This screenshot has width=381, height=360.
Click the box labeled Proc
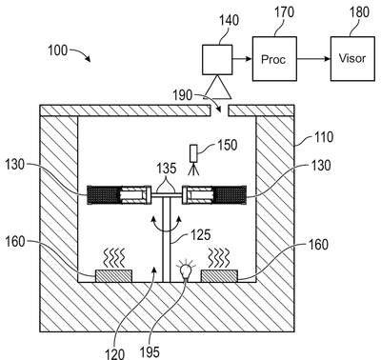tap(274, 59)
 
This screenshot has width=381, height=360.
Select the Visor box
tap(352, 59)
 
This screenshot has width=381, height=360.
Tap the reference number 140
tap(229, 21)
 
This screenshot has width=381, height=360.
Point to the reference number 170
tap(284, 12)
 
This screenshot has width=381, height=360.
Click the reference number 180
tap(359, 12)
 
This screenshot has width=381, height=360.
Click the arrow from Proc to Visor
tap(313, 59)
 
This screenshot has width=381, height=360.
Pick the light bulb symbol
tap(186, 270)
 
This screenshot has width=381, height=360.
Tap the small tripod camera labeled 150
tap(193, 160)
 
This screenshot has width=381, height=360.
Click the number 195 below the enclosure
tap(150, 351)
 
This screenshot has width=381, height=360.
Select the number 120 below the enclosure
tap(114, 353)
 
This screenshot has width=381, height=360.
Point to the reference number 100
tap(57, 50)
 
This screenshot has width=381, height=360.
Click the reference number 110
tap(324, 137)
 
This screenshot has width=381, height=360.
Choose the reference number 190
tap(183, 95)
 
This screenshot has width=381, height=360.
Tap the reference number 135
tap(167, 169)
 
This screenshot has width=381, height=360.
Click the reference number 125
tap(200, 235)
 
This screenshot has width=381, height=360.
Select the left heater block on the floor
tap(113, 275)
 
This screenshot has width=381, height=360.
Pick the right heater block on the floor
tap(219, 275)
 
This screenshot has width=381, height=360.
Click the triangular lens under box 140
tap(217, 86)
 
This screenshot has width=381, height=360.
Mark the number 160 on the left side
tap(15, 241)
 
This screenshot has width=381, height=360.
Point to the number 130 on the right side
tap(321, 165)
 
